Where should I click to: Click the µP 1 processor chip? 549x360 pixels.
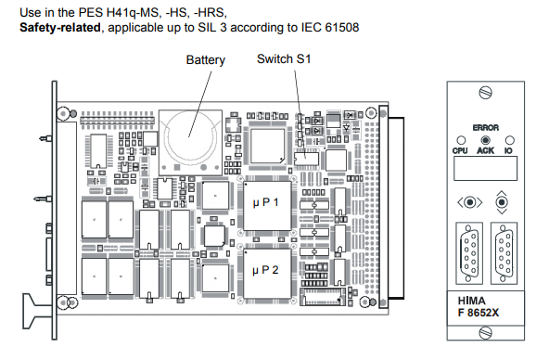(x=267, y=206)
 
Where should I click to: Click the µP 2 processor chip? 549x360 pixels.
(x=267, y=273)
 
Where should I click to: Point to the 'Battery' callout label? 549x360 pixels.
(x=206, y=60)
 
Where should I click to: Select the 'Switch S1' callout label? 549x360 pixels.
(x=284, y=58)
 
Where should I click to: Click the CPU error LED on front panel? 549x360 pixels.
(x=461, y=140)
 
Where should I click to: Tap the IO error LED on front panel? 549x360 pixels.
(x=510, y=140)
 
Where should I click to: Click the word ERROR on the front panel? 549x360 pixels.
(x=486, y=128)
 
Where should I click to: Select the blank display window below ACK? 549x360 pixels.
(x=485, y=169)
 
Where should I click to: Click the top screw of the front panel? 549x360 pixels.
(x=485, y=93)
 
